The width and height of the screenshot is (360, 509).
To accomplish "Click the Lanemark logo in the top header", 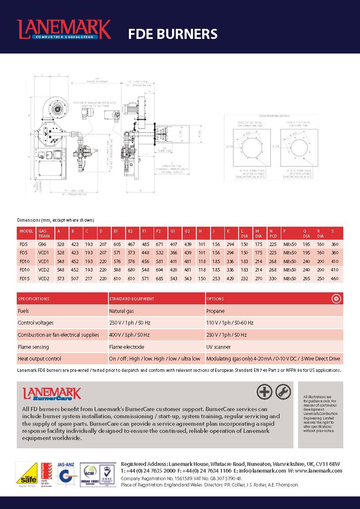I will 64,29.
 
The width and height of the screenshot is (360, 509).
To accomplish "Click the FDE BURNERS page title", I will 172,34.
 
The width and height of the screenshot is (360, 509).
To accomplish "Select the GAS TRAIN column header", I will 44,233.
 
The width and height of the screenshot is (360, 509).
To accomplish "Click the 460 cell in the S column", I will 335,278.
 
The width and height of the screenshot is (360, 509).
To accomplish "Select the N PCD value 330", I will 273,278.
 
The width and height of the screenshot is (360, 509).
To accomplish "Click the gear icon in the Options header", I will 336,299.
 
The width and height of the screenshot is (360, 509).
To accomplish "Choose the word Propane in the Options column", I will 216,311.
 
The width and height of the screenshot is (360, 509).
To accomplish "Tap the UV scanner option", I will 219,347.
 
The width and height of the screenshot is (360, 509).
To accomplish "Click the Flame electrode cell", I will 126,347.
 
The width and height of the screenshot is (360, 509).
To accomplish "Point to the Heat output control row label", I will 39,358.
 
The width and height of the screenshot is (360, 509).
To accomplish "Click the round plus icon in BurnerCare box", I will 264,392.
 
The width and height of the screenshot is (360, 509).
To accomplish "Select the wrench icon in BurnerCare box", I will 283,392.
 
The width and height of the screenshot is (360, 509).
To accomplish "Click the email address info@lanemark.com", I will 262,471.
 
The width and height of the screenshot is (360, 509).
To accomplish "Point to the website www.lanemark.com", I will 319,471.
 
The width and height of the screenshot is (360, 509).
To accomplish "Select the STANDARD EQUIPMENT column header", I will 132,299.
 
